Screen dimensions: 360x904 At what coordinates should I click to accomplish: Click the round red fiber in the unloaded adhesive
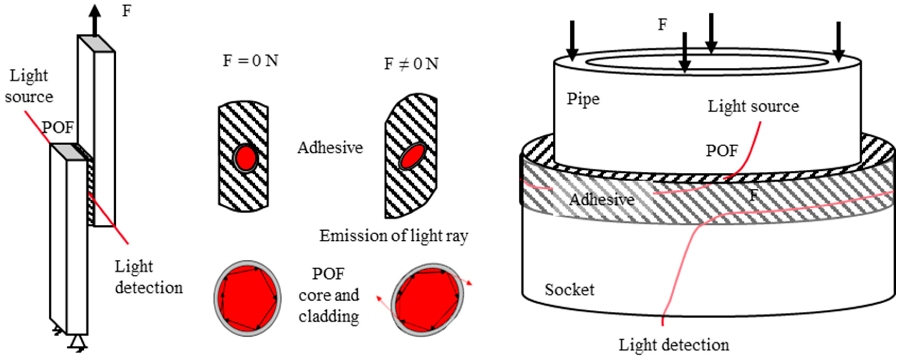tap(246, 158)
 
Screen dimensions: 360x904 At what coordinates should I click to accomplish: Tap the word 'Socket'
tap(569, 290)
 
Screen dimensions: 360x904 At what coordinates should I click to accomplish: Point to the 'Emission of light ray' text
tap(393, 236)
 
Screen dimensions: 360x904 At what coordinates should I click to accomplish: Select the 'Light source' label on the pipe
tap(753, 106)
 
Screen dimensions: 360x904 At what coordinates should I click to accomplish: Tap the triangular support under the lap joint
tap(77, 342)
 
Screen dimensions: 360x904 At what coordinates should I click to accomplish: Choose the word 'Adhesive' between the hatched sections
tap(330, 148)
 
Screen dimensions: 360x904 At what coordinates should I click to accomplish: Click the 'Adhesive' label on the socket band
tap(602, 200)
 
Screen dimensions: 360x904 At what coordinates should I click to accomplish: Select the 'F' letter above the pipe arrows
tap(662, 25)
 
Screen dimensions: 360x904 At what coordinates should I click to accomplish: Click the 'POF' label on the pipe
tap(722, 151)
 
